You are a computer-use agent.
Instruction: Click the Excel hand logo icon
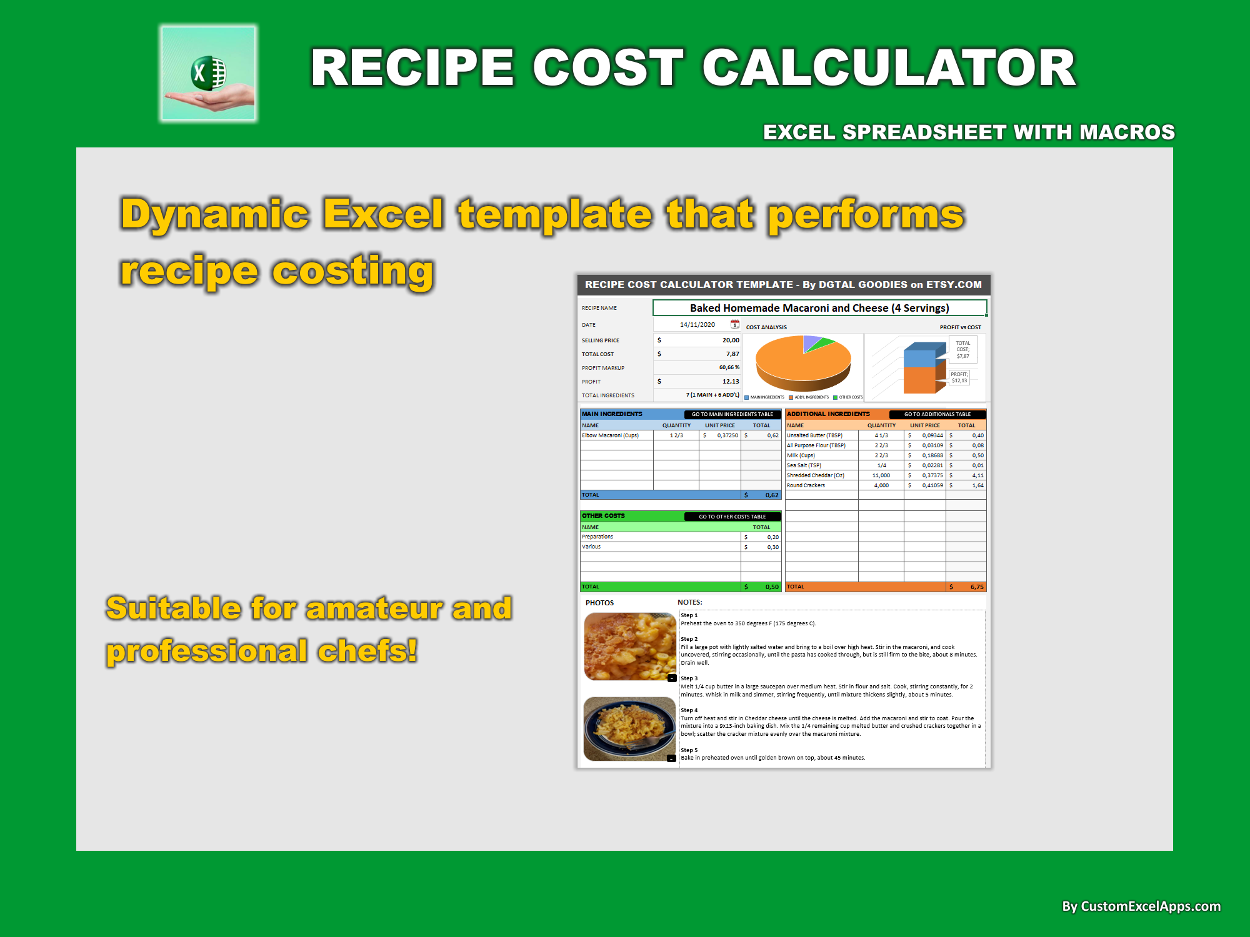209,74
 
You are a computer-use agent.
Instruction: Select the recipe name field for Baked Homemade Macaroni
819,308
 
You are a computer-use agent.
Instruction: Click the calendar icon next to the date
735,324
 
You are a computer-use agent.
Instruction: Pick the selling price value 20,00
730,340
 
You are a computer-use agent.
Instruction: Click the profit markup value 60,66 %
728,367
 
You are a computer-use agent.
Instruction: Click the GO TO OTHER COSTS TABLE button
732,517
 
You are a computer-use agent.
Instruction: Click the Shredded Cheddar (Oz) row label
816,475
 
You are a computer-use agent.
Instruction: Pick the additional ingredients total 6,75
976,587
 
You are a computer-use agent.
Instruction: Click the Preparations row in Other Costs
598,537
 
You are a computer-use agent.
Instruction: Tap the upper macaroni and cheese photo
629,646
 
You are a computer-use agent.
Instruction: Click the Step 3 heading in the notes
689,678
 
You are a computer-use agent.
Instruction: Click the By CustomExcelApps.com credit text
1141,906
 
